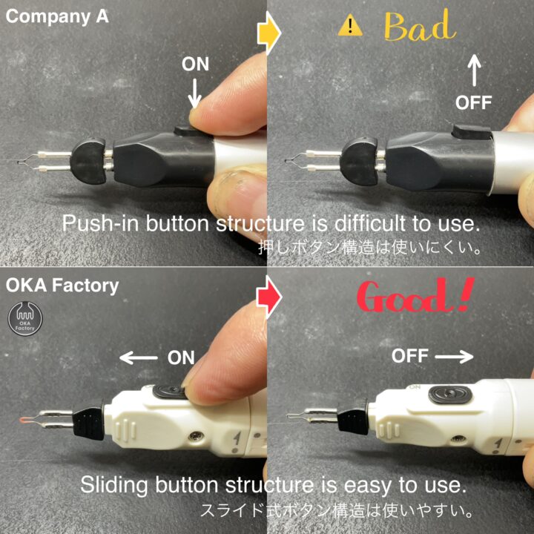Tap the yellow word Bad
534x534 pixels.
coord(420,26)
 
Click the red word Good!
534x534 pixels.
coord(415,295)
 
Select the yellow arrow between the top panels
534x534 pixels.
coord(268,33)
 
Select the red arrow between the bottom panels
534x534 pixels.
coord(268,297)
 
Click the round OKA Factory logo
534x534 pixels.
coord(25,319)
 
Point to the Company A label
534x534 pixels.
coord(57,16)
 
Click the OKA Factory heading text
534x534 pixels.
coord(62,286)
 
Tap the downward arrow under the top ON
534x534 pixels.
coord(194,93)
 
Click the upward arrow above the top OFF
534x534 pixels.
coord(474,70)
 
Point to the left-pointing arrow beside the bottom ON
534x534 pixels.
coord(139,358)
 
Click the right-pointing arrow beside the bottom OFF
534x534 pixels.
coord(454,357)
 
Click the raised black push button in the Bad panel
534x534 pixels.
coord(471,131)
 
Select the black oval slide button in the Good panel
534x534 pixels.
coord(450,395)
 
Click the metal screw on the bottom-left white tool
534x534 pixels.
coord(195,437)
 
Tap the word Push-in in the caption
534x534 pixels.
coord(101,224)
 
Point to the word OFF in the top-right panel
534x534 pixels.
coord(473,102)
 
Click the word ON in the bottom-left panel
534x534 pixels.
coord(181,357)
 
